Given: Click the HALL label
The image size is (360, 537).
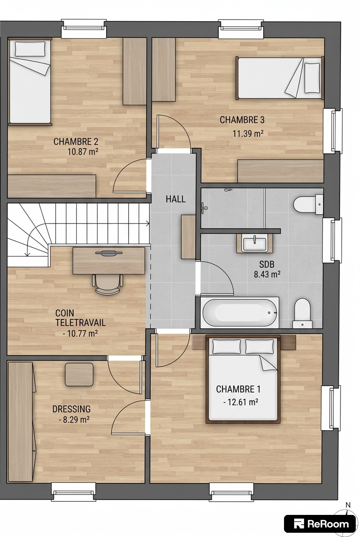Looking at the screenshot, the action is pyautogui.click(x=176, y=199).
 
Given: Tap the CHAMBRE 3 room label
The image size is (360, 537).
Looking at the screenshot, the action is pyautogui.click(x=242, y=120).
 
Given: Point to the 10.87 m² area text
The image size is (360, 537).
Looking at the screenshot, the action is pyautogui.click(x=83, y=152).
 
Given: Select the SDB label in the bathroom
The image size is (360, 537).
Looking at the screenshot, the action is pyautogui.click(x=267, y=264).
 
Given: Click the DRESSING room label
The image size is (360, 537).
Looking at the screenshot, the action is pyautogui.click(x=72, y=409).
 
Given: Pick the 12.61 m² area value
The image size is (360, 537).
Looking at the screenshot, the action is pyautogui.click(x=240, y=402).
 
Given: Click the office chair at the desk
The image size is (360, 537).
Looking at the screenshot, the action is pyautogui.click(x=107, y=284).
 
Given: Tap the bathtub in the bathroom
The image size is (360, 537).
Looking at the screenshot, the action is pyautogui.click(x=239, y=313).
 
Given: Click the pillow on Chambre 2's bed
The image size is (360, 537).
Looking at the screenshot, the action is pyautogui.click(x=30, y=49).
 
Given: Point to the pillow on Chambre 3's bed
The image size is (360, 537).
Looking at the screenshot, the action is pyautogui.click(x=312, y=79).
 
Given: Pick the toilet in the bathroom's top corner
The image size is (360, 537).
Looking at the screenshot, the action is pyautogui.click(x=309, y=205).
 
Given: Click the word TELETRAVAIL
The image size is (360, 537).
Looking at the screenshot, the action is pyautogui.click(x=81, y=323).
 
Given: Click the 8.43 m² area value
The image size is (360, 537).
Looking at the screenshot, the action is pyautogui.click(x=267, y=274).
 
